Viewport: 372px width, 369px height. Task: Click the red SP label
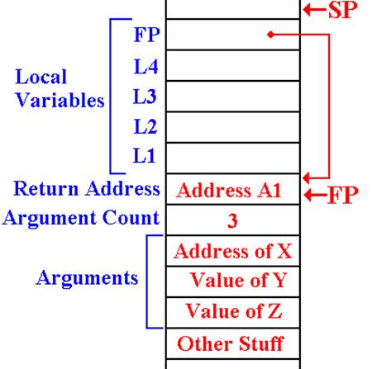coord(343,10)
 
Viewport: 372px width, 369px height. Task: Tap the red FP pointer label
coord(343,195)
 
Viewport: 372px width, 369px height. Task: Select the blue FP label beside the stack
coord(146,35)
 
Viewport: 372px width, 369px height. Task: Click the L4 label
coord(146,66)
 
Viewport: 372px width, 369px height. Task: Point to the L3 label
coord(145,97)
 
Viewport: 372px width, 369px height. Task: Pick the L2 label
coord(145,126)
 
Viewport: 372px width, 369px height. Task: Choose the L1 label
coord(144,155)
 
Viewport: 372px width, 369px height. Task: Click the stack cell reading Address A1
coord(233,189)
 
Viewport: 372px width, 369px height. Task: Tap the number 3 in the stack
coord(232,220)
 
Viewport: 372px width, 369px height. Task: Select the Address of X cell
coord(233,251)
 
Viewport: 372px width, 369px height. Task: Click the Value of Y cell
coord(233,281)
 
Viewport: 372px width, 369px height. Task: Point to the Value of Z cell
coord(233,313)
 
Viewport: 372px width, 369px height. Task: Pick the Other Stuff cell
coord(233,343)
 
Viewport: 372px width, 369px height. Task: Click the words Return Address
coord(87,188)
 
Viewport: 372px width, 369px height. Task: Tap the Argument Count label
coord(81,219)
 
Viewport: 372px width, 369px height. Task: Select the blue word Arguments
coord(87,278)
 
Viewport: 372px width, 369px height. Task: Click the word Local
coord(41,77)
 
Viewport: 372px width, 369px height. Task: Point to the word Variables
coord(60,100)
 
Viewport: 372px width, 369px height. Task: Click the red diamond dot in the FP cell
coord(271,35)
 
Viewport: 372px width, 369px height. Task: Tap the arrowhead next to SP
coord(307,10)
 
